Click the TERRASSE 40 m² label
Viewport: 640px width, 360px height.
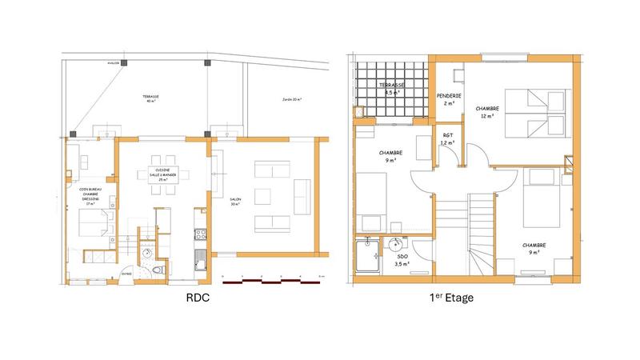(151, 98)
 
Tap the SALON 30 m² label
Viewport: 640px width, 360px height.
(234, 202)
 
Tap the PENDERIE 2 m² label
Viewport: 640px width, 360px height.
(447, 99)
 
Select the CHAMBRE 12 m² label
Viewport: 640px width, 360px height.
(486, 111)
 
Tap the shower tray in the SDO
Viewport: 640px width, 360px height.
(368, 255)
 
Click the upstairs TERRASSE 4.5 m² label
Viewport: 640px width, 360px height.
(391, 88)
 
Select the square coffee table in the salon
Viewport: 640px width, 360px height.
(265, 196)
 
